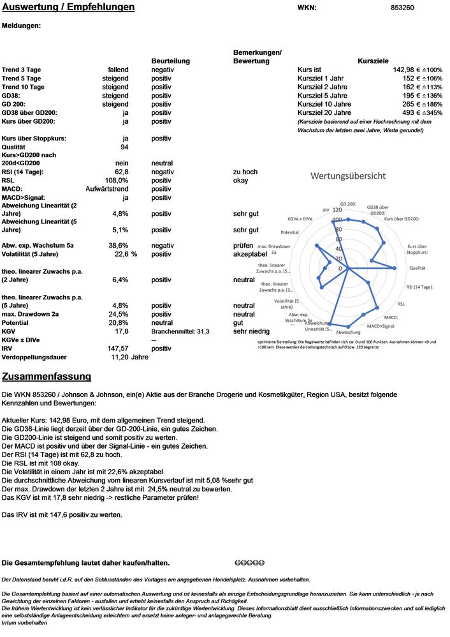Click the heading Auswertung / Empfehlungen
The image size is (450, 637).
[x=68, y=8]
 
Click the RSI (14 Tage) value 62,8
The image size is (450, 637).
[x=122, y=172]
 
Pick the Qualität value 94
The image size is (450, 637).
[x=124, y=147]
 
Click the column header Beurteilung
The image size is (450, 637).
[x=171, y=61]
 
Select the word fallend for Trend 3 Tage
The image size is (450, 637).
[x=118, y=70]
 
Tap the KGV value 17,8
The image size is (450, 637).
[x=122, y=331]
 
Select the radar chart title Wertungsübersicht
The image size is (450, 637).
[x=347, y=175]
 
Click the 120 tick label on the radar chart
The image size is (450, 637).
[x=337, y=210]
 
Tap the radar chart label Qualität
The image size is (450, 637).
[x=417, y=269]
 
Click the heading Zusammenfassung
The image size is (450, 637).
[x=47, y=377]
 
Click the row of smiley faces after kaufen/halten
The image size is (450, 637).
[x=249, y=563]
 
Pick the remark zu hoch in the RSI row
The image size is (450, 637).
[x=245, y=172]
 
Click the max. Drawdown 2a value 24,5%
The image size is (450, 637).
[x=120, y=314]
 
